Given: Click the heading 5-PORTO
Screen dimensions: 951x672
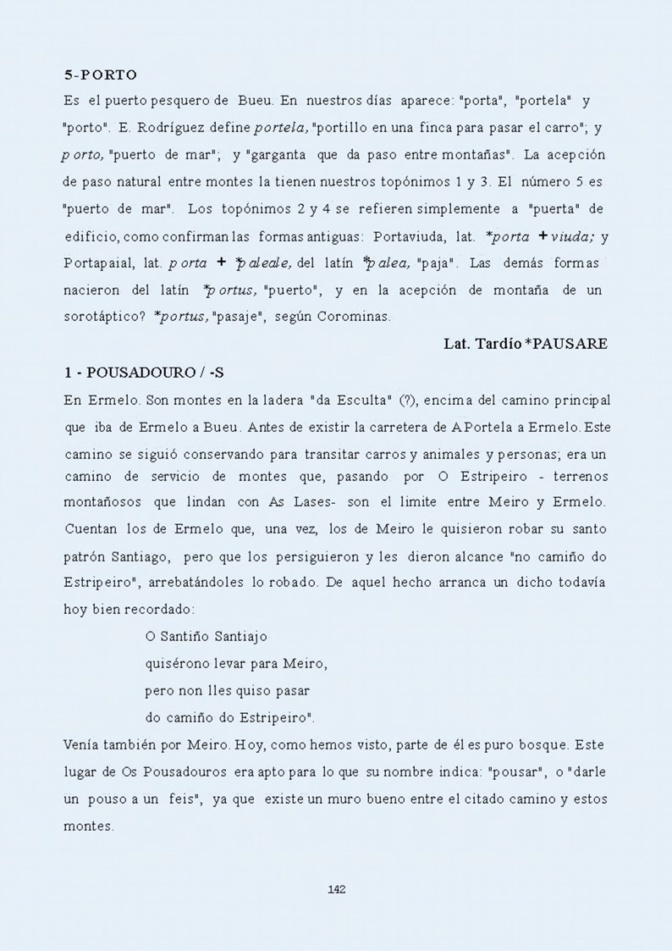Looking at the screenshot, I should (100, 75).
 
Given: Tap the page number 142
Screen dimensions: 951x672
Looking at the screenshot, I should (336, 889).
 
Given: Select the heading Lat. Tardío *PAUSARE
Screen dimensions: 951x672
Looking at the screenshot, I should (526, 344).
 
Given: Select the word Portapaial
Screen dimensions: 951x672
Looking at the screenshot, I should (96, 263).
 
